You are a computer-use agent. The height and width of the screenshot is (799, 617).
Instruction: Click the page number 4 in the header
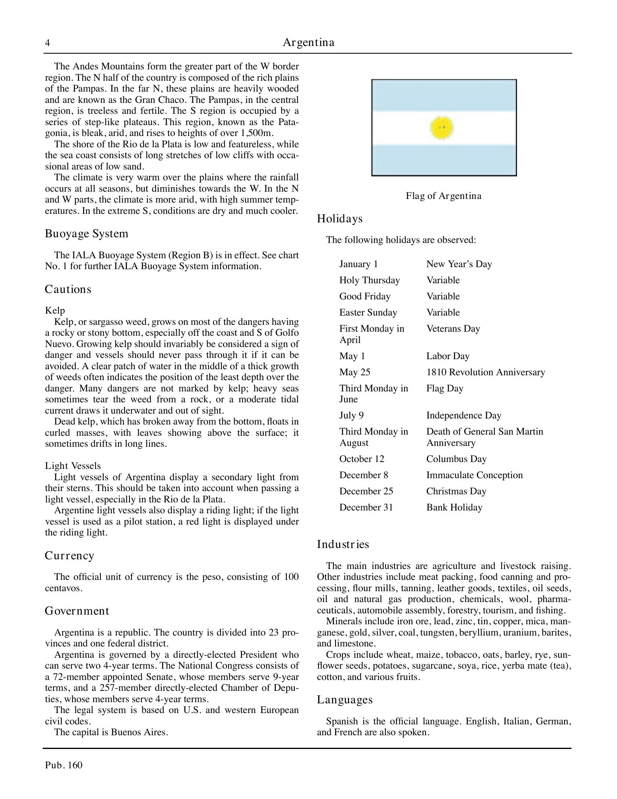click(48, 43)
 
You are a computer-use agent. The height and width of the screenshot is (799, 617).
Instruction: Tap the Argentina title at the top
click(308, 42)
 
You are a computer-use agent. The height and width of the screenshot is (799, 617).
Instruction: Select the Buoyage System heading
click(86, 234)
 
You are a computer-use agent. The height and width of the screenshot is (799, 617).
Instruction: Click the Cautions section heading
click(68, 289)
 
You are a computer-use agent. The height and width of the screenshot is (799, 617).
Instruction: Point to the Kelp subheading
click(55, 310)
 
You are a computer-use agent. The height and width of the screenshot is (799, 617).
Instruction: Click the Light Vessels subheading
click(73, 466)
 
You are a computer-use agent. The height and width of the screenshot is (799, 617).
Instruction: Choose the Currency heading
click(69, 556)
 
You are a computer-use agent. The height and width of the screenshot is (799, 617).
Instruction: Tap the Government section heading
click(77, 611)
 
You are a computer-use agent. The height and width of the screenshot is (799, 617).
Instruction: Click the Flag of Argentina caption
click(444, 196)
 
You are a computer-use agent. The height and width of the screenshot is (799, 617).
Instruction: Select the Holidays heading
click(340, 219)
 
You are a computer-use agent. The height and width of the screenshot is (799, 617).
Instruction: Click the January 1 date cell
click(359, 264)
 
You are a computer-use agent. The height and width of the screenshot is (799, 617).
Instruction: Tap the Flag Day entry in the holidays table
click(445, 388)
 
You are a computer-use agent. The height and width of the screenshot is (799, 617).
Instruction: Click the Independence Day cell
click(464, 415)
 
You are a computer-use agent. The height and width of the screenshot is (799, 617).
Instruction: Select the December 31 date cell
click(366, 507)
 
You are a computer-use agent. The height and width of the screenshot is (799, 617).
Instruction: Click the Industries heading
click(343, 544)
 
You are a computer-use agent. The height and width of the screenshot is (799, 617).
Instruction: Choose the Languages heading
click(345, 699)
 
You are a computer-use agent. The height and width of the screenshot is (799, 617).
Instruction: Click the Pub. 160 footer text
click(64, 765)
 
